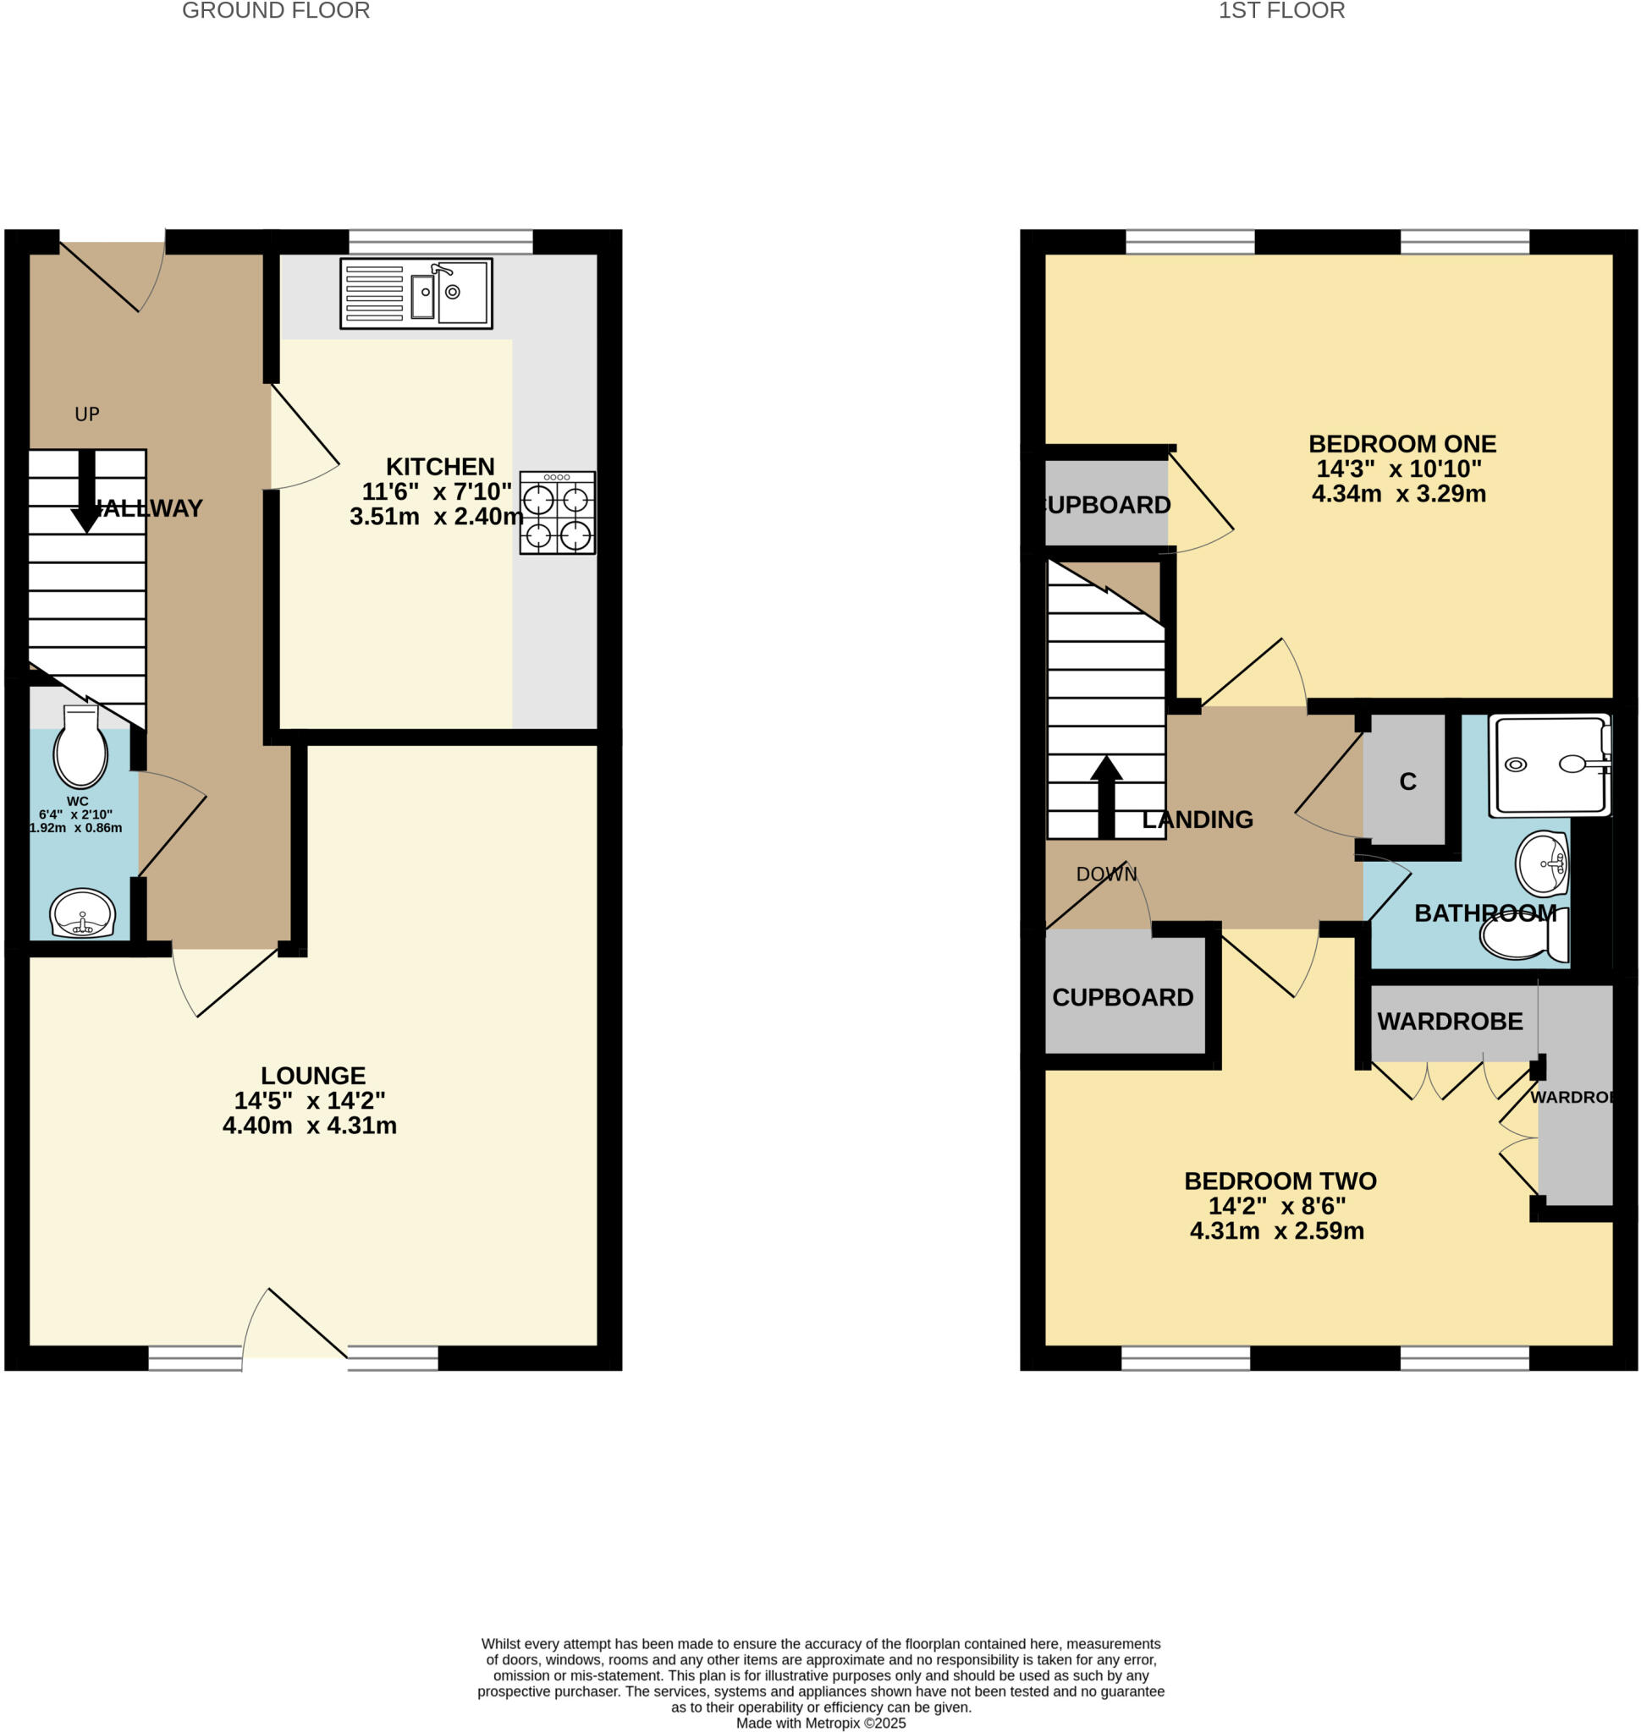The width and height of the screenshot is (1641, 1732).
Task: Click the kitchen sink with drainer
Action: click(x=416, y=293)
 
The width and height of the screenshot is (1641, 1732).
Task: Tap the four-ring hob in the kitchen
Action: click(x=557, y=512)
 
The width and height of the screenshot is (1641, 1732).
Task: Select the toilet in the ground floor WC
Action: click(x=80, y=748)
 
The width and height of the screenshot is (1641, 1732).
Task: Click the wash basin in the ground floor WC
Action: click(x=83, y=913)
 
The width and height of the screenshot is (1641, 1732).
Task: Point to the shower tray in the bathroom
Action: click(x=1549, y=765)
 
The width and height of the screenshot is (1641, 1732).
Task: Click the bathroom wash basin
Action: click(x=1543, y=863)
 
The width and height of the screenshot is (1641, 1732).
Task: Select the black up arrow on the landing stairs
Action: click(x=1106, y=795)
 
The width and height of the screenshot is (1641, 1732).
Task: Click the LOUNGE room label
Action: click(x=313, y=1076)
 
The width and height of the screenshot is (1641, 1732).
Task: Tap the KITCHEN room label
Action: click(x=440, y=467)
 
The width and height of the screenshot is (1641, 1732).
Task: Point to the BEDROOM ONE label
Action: click(x=1402, y=444)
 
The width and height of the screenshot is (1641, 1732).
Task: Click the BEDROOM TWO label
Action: click(x=1280, y=1181)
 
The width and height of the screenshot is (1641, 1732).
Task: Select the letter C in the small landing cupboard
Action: click(x=1407, y=781)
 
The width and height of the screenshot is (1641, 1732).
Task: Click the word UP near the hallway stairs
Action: click(x=87, y=414)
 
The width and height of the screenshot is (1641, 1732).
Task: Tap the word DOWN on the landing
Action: click(x=1106, y=874)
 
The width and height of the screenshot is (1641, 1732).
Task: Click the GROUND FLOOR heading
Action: click(x=276, y=11)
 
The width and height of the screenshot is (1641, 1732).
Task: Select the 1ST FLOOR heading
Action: click(x=1281, y=11)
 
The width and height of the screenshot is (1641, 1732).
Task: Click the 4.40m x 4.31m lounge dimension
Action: click(x=310, y=1126)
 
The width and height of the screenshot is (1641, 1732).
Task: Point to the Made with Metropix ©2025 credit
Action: click(x=821, y=1724)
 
